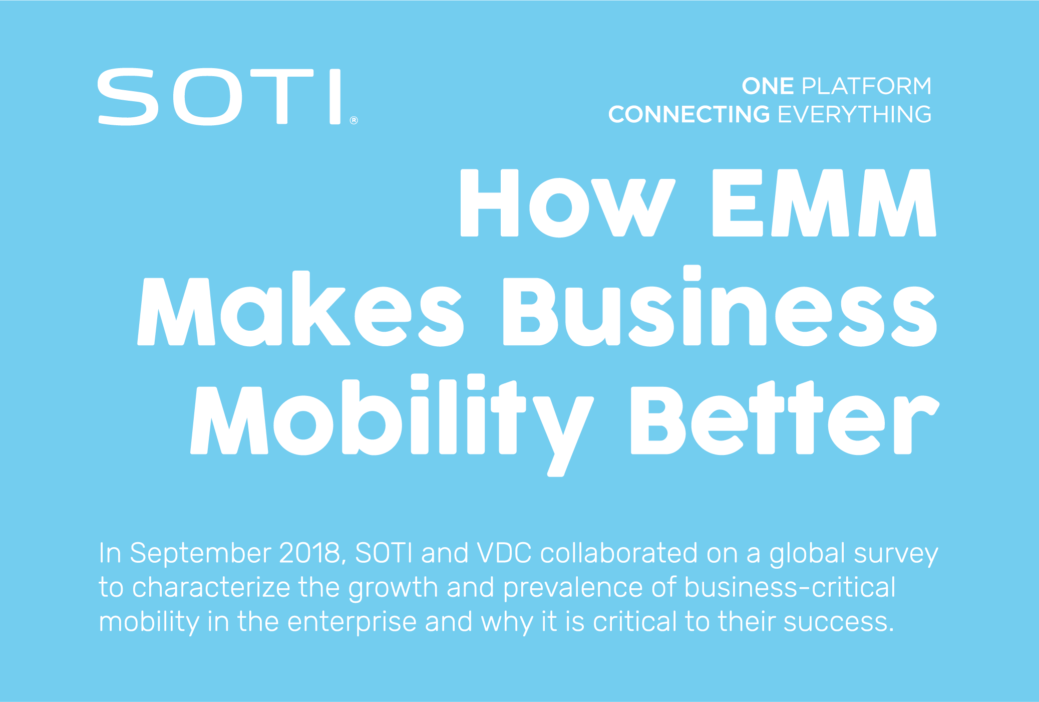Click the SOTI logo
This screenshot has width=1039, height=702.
pos(220,97)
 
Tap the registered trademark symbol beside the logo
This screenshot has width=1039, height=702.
pos(354,120)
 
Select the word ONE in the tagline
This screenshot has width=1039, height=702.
pos(768,86)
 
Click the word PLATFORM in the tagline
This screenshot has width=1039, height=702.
pos(866,86)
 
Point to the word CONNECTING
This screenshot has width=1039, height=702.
pos(689,115)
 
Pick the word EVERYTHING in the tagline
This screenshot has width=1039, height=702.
pos(854,115)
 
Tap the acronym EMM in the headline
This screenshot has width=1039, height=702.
pos(824,203)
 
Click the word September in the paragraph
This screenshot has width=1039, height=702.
pos(200,554)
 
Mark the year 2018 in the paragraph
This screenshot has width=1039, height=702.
pos(311,553)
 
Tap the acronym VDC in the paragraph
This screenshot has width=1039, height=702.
pos(504,553)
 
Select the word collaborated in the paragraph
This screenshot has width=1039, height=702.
pos(619,553)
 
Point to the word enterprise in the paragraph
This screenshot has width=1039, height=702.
pos(352,622)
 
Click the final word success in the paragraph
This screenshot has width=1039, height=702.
pos(838,622)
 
